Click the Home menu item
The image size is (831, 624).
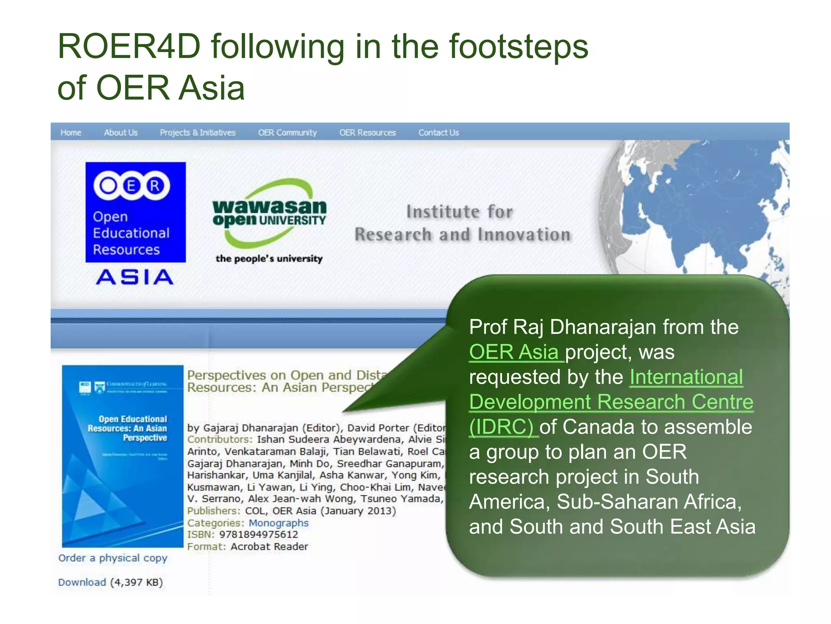click(71, 133)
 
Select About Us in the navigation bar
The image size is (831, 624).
click(121, 133)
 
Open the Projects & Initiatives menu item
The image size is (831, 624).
click(198, 133)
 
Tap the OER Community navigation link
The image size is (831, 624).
click(287, 133)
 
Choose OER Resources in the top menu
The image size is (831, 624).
click(367, 133)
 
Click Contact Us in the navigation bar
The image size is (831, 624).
click(438, 133)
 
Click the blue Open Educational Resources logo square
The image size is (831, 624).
click(136, 212)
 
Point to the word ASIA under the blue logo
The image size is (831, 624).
click(135, 277)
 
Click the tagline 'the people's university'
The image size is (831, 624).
click(269, 259)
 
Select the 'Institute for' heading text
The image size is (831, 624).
click(460, 212)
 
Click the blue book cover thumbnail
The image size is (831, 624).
click(123, 456)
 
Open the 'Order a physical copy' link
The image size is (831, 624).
click(113, 558)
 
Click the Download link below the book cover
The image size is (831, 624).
click(82, 583)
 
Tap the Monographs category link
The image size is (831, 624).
click(278, 523)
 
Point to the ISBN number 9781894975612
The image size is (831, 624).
click(258, 535)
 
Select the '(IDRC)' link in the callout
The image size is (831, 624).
click(502, 427)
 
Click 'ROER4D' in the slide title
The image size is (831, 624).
click(129, 47)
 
